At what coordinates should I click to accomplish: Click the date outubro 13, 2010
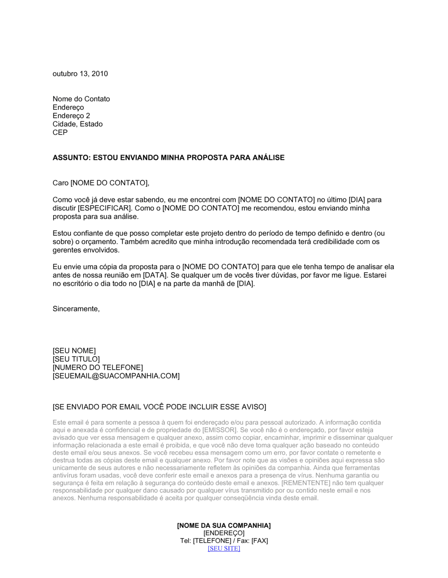point(80,74)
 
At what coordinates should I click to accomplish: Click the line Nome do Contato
point(81,99)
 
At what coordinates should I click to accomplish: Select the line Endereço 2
point(71,116)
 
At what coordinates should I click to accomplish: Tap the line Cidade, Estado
point(78,124)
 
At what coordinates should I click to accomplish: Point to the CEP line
point(60,133)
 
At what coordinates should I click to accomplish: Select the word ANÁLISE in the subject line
point(268,158)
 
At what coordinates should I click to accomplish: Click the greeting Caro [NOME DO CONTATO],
point(101,183)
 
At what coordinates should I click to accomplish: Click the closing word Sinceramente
point(76,309)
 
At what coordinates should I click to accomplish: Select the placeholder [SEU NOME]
point(74,351)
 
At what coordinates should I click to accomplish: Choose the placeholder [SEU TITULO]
point(76,359)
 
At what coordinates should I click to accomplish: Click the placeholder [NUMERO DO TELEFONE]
point(98,368)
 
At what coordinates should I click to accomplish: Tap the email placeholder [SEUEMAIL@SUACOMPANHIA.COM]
point(116,376)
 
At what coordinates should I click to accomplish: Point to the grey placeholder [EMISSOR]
point(219,430)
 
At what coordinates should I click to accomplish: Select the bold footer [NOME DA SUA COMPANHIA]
point(224,526)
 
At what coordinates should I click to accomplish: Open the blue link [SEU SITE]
point(224,548)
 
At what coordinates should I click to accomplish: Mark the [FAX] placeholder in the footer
point(259,541)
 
